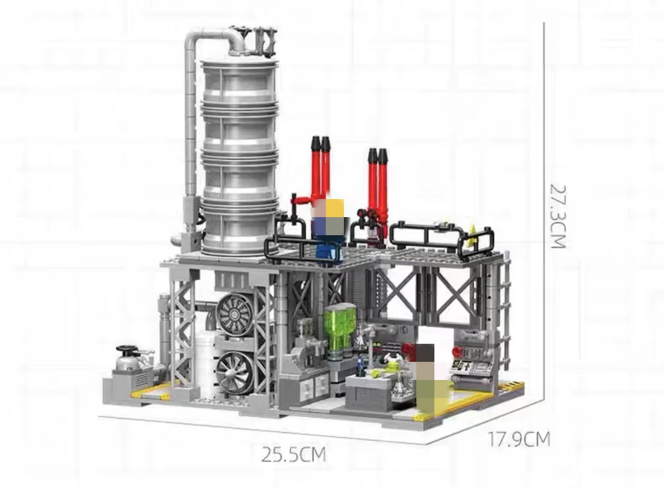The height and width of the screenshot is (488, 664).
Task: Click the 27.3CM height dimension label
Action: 558,216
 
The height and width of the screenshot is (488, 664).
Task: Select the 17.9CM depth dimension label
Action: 519,439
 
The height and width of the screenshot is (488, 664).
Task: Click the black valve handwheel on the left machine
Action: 127,349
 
